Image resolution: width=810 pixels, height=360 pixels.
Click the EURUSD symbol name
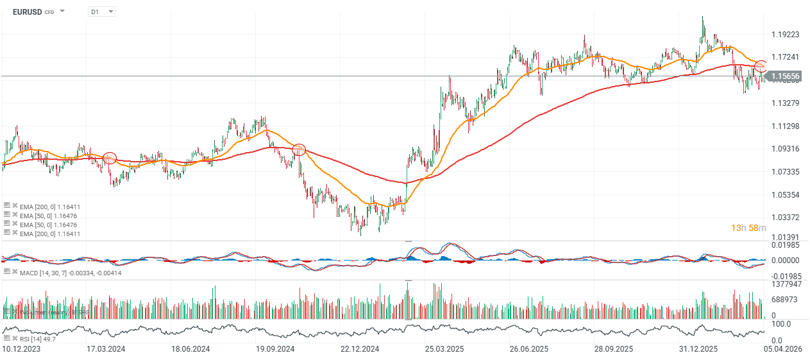[x=27, y=12]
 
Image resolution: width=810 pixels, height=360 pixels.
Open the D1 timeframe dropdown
[x=102, y=12]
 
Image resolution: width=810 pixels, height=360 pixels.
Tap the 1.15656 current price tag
[x=785, y=76]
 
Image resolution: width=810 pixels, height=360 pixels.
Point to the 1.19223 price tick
[x=785, y=34]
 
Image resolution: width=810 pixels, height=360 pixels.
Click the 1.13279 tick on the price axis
[x=785, y=103]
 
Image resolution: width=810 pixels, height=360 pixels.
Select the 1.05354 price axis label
[x=785, y=194]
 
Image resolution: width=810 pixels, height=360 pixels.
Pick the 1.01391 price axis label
[x=785, y=237]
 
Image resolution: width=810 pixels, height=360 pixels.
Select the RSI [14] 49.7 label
[x=38, y=338]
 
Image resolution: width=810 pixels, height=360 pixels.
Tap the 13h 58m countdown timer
[x=748, y=228]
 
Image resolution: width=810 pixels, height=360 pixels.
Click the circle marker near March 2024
[x=110, y=158]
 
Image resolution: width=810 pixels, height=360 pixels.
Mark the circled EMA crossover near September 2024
[x=298, y=150]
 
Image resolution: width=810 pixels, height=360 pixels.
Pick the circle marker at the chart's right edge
[x=761, y=65]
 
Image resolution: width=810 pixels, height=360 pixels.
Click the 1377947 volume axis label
[x=785, y=283]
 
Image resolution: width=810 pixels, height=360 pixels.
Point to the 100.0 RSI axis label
[x=780, y=324]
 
